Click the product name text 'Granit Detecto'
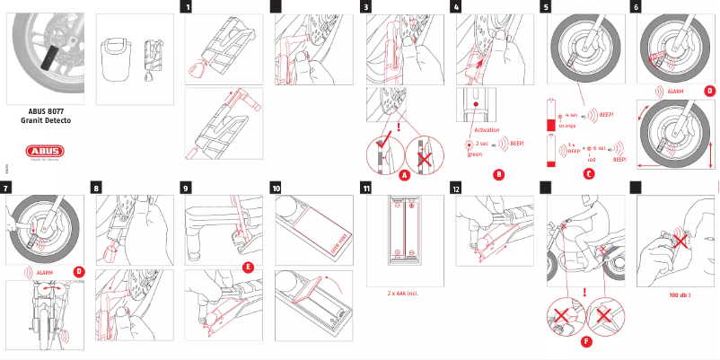coord(46,119)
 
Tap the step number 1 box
coord(187,7)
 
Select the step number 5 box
coord(546,7)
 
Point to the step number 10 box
coord(277,189)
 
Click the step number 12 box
coord(457,189)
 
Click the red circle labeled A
coord(404,175)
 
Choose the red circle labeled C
coord(588,173)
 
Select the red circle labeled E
coord(248,268)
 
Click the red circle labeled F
coord(586,342)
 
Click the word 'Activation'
coord(486,130)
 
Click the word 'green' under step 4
coord(475,154)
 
